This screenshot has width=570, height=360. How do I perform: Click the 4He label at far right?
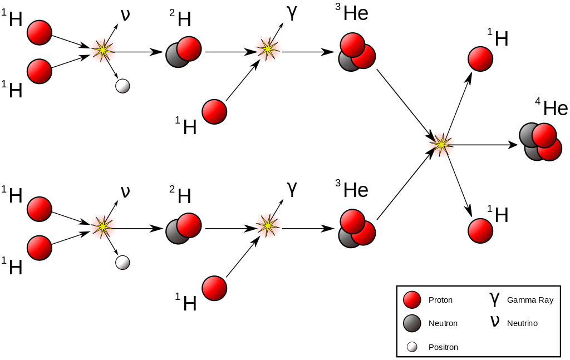(x=552, y=108)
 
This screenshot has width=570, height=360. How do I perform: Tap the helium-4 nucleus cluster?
(x=540, y=142)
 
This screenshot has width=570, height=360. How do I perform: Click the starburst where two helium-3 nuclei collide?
(x=441, y=145)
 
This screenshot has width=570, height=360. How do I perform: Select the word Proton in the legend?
(x=440, y=300)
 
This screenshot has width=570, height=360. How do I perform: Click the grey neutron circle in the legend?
(x=412, y=323)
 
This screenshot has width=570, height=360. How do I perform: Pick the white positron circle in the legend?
(x=412, y=347)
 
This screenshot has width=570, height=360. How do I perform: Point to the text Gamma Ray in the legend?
(x=530, y=300)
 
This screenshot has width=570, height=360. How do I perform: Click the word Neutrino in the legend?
(x=522, y=323)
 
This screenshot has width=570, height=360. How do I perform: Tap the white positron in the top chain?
(x=122, y=86)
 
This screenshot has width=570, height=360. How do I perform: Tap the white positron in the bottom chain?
(x=122, y=262)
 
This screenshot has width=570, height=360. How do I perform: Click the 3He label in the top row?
(x=352, y=13)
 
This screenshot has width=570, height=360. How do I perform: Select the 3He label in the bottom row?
(x=352, y=190)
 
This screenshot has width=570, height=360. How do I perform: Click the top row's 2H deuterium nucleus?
(x=183, y=52)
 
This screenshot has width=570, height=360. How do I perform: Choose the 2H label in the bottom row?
(x=181, y=195)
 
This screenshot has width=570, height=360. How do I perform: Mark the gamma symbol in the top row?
(x=292, y=13)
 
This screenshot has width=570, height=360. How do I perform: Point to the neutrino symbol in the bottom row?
(x=125, y=191)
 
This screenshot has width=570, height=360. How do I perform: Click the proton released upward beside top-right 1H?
(x=480, y=59)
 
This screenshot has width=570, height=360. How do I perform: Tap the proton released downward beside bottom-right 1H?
(x=480, y=230)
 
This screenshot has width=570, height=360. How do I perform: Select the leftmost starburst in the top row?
(x=103, y=51)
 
